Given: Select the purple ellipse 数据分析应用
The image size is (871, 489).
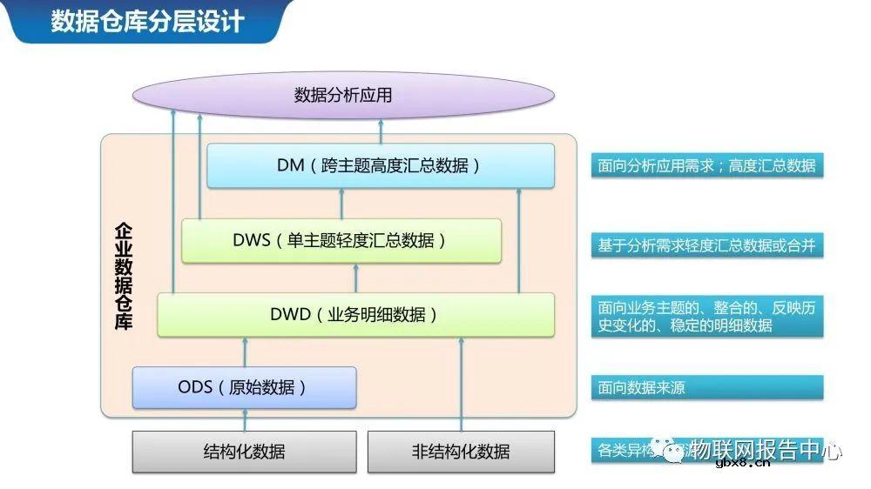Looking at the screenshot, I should point(343,95).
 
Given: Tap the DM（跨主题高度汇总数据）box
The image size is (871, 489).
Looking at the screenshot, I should point(380,165).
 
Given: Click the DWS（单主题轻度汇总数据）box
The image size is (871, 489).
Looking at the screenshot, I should point(341,240).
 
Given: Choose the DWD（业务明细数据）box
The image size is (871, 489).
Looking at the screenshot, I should point(355,314).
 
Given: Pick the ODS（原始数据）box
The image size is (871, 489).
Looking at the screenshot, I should point(244,387).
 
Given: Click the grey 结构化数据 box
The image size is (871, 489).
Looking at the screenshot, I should point(244,452).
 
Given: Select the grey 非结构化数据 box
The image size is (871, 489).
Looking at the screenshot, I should point(461,452).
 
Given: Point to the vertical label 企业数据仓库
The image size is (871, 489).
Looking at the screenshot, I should point(124,275).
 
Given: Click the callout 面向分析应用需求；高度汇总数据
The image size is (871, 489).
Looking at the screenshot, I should point(706,165).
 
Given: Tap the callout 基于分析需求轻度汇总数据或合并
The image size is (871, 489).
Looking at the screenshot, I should point(706,245).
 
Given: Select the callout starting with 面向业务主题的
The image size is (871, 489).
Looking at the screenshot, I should point(706,317).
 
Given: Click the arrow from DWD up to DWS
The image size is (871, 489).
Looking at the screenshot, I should point(355,278).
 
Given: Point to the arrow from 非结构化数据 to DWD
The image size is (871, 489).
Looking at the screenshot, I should point(461,383).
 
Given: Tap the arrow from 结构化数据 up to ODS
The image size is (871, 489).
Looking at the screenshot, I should point(245,419).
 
